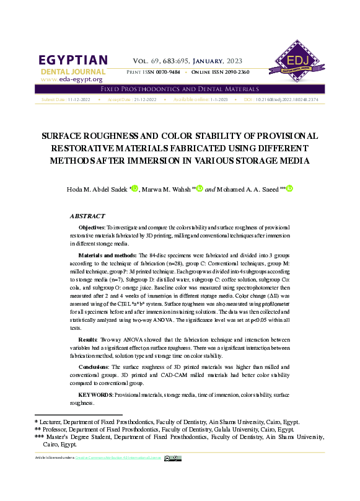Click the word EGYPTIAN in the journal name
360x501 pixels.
[x=73, y=61]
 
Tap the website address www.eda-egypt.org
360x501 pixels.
[x=71, y=80]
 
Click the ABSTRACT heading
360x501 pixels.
[x=87, y=216]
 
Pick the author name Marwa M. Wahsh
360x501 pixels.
[x=167, y=188]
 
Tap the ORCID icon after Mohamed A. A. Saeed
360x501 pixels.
[x=288, y=188]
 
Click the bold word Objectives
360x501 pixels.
[x=91, y=229]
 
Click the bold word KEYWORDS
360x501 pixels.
[x=95, y=394]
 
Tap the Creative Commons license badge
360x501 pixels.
[x=173, y=458]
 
